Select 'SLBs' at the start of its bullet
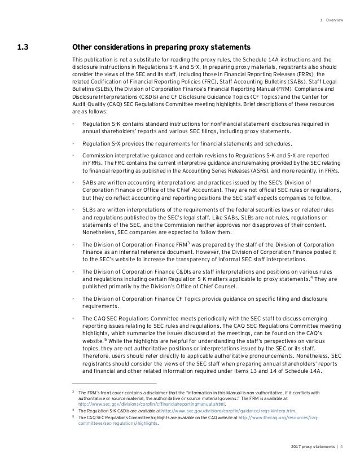point(89,209)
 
